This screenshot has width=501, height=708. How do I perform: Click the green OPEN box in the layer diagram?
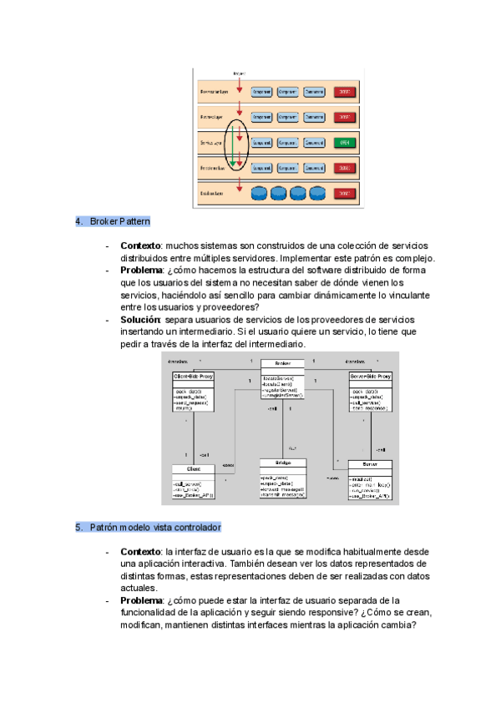pos(344,143)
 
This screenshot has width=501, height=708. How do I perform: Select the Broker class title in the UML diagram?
pos(283,363)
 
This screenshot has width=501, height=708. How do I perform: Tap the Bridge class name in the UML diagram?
pos(283,463)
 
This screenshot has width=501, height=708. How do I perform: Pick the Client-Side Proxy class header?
pos(193,376)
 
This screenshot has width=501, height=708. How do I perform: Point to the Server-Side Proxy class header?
pos(370,376)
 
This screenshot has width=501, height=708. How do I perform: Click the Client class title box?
pos(193,469)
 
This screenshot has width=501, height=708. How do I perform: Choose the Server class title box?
pos(370,463)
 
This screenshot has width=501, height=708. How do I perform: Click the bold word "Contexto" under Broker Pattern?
pos(141,245)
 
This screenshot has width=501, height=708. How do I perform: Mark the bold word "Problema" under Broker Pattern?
pos(142,271)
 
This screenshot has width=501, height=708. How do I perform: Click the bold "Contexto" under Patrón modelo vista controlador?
pos(141,552)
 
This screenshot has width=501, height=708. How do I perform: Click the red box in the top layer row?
pos(344,92)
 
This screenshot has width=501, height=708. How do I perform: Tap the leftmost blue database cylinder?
pos(261,194)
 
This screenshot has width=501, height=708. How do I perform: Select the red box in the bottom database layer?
pos(344,194)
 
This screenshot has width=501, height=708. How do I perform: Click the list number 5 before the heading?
pos(78,528)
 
